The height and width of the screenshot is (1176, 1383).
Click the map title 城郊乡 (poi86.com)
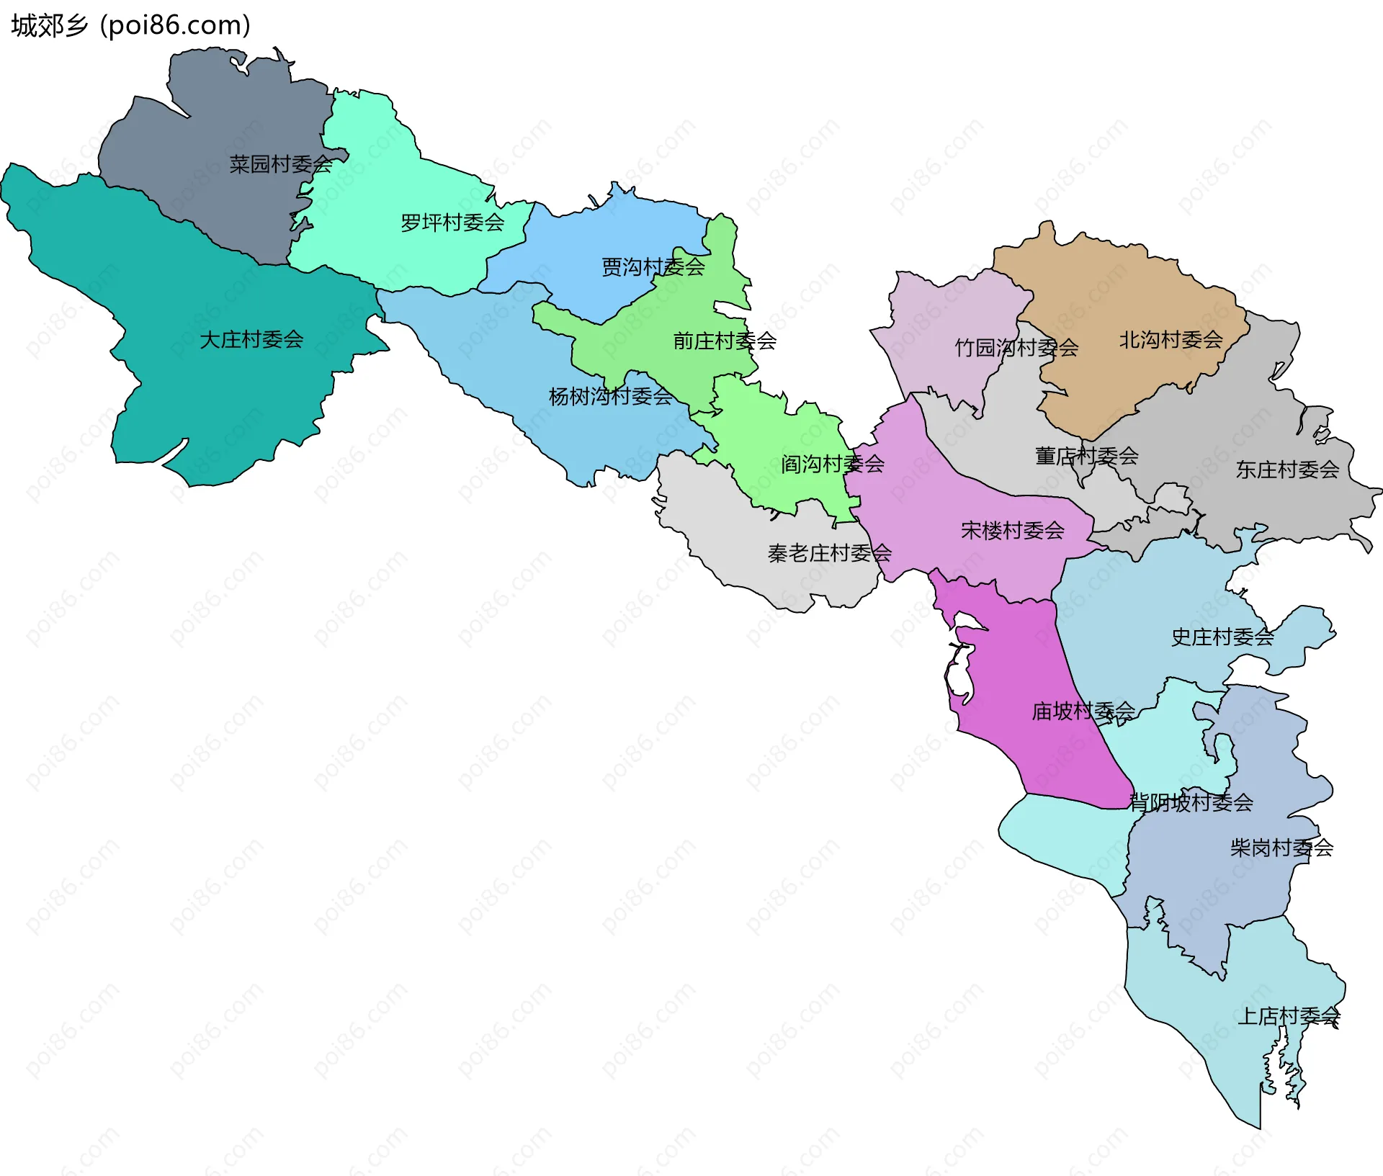pos(131,26)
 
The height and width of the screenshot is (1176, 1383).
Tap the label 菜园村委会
pos(281,165)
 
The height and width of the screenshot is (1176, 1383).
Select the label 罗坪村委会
pos(452,223)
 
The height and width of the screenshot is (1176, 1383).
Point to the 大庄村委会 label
pos(251,340)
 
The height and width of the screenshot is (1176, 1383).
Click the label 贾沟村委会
pos(653,268)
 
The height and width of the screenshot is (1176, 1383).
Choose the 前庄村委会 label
pos(725,341)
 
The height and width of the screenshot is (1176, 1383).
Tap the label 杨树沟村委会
pos(611,397)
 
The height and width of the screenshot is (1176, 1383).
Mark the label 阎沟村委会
pos(833,464)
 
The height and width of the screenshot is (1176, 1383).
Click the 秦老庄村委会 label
pos(830,554)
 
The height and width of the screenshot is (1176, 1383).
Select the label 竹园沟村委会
pos(1016,349)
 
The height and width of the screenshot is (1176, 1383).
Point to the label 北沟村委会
pos(1171,340)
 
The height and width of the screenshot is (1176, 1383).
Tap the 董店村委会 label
pos(1086,457)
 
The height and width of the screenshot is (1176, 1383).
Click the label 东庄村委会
pos(1287,470)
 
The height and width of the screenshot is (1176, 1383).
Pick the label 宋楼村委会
pos(1012,531)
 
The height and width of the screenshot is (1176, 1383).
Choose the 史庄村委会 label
pos(1222,637)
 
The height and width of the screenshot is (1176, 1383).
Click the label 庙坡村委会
pos(1083,712)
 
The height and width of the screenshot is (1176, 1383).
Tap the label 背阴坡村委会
pos(1191,803)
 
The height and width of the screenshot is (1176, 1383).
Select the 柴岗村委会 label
pos(1281,848)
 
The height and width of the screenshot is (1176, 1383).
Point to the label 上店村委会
pos(1289,1017)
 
